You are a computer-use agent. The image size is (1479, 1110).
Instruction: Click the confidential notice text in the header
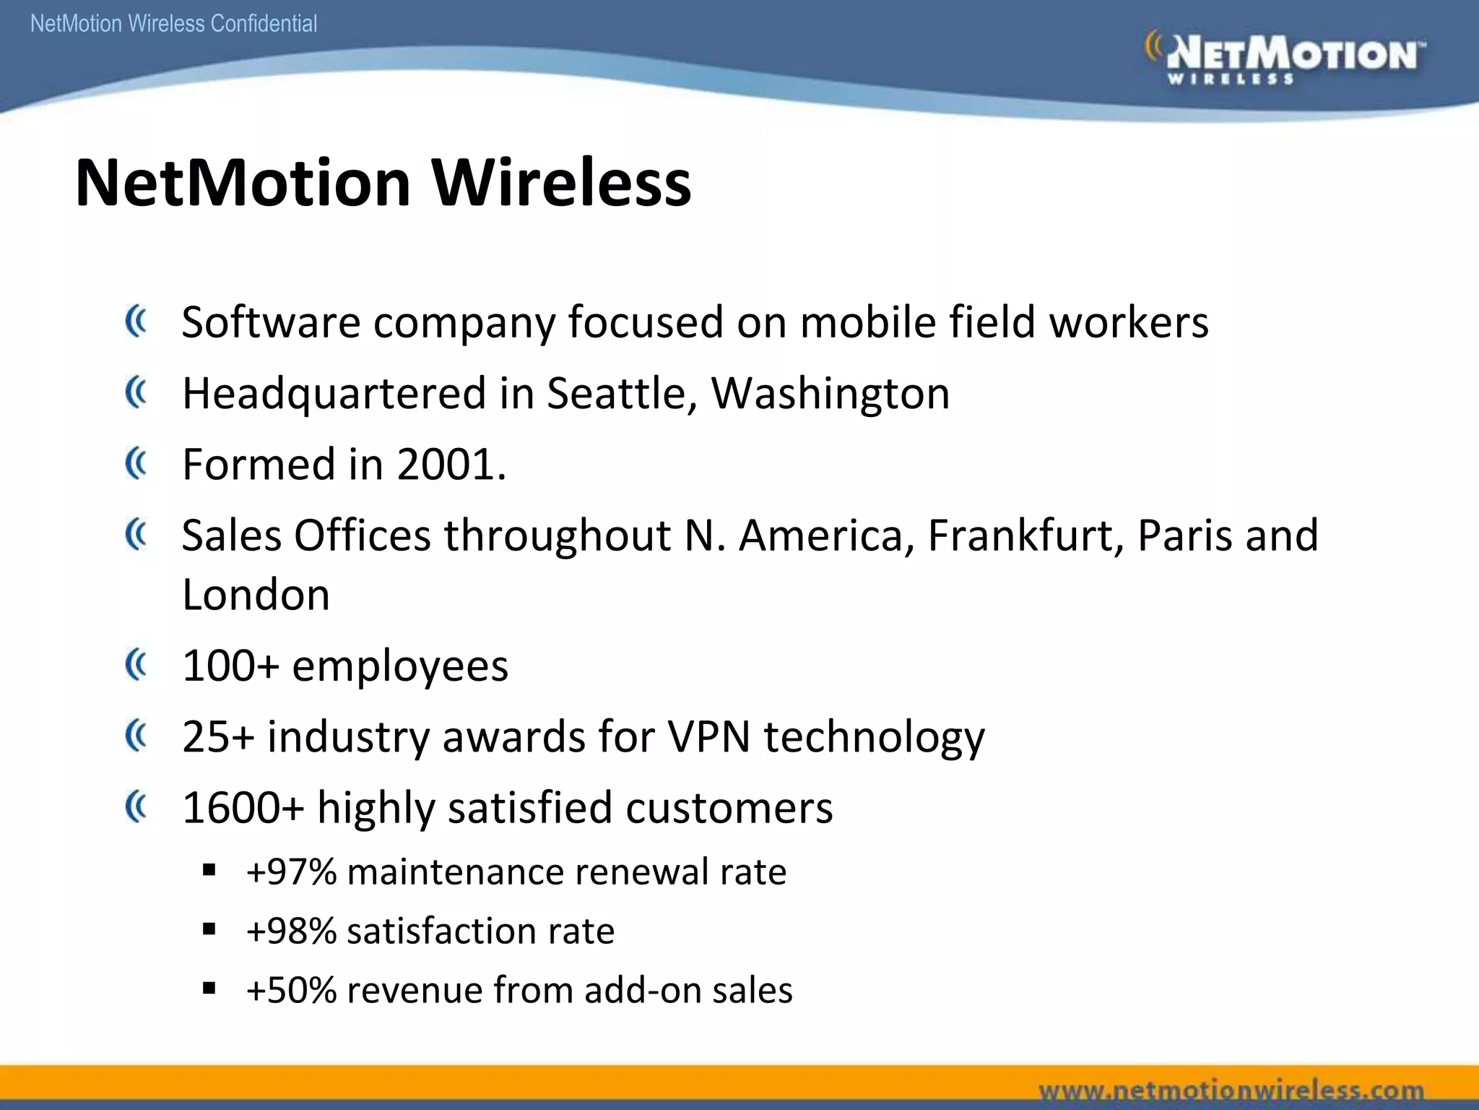[x=174, y=24]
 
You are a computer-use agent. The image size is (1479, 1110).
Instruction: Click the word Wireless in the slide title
[x=561, y=183]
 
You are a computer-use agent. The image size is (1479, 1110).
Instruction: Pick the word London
[x=256, y=595]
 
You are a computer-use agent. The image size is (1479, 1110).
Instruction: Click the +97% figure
[x=291, y=872]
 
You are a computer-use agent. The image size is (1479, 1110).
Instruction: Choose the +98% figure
[x=291, y=931]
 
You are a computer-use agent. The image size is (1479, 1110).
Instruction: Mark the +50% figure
[x=291, y=990]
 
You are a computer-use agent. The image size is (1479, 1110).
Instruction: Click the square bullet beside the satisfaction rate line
[x=209, y=929]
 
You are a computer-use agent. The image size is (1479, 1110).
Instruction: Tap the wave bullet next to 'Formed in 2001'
[x=136, y=463]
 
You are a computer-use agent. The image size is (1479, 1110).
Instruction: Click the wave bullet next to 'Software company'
[x=136, y=322]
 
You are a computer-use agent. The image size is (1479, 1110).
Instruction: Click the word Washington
[x=830, y=394]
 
